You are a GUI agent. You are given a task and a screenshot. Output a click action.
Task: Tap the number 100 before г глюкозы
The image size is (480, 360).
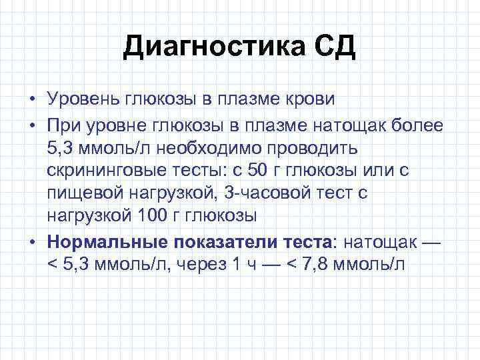(157, 216)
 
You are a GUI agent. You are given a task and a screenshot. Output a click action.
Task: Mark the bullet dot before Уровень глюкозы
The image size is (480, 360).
(32, 100)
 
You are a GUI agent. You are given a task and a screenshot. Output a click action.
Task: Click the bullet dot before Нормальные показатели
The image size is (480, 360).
(32, 241)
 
